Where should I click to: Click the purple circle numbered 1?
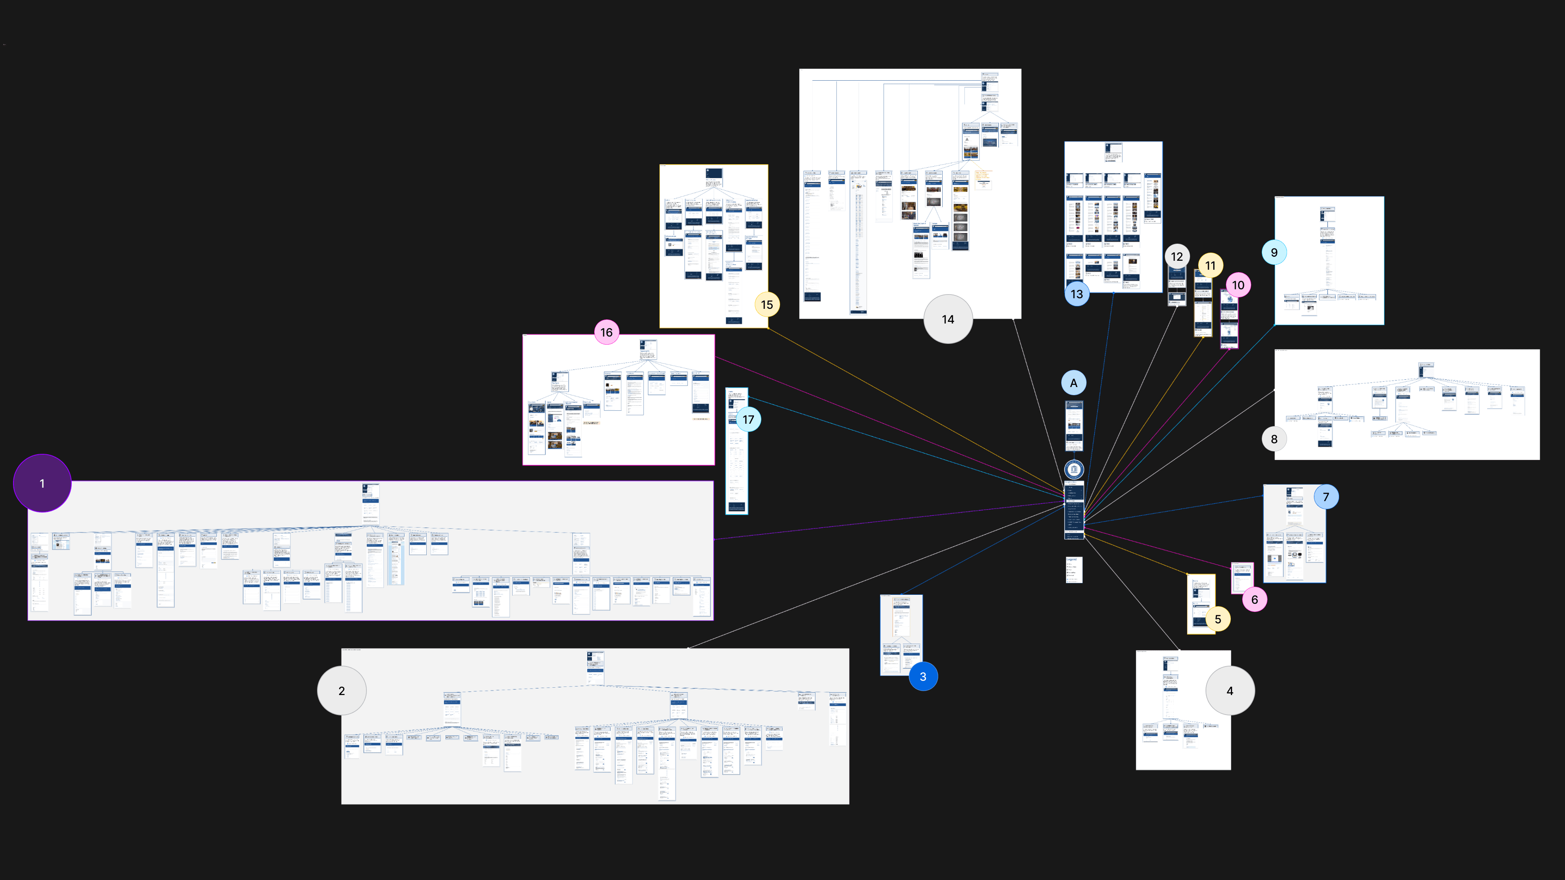click(x=42, y=484)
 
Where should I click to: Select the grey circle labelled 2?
click(x=342, y=691)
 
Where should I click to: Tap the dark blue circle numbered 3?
click(x=923, y=677)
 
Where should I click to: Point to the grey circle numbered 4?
click(x=1230, y=691)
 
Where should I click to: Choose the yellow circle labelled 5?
click(x=1217, y=619)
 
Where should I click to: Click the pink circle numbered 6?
click(x=1254, y=599)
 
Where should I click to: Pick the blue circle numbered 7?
click(x=1326, y=497)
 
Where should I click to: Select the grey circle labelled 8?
click(x=1274, y=439)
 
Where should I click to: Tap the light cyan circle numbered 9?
click(x=1274, y=252)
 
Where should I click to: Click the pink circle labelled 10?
click(x=1238, y=285)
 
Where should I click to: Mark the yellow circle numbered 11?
click(x=1210, y=265)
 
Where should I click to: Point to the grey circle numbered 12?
click(x=1177, y=256)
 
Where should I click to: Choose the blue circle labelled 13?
click(x=1076, y=294)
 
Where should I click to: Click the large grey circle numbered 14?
click(x=948, y=319)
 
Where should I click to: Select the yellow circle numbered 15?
click(x=767, y=304)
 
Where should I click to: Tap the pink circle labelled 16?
click(x=606, y=332)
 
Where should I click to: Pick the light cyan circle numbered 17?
click(x=748, y=419)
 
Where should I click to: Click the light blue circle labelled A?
click(x=1073, y=383)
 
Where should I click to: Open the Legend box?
click(x=1073, y=570)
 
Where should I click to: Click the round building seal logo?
click(x=1073, y=469)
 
